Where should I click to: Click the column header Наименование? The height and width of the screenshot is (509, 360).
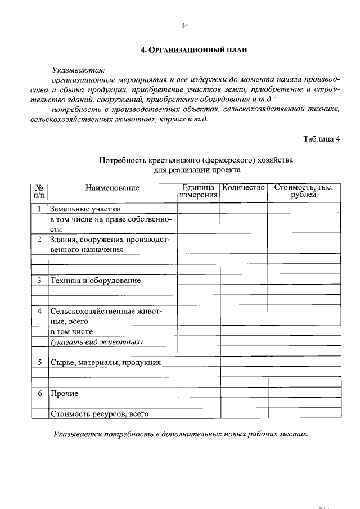[x=112, y=188]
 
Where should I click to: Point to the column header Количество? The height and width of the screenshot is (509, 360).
[x=243, y=188]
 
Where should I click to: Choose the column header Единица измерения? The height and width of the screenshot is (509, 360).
[x=199, y=191]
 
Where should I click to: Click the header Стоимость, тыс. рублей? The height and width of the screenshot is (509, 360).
[x=304, y=191]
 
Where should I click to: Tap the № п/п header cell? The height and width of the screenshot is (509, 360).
[x=39, y=191]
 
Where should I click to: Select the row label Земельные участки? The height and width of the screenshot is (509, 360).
[x=85, y=209]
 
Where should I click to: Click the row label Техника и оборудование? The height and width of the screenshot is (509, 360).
[x=95, y=280]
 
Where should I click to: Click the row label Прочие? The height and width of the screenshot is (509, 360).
[x=64, y=393]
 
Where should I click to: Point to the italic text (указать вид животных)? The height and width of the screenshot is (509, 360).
[x=96, y=341]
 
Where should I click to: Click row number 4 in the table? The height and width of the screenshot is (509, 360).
[x=39, y=310]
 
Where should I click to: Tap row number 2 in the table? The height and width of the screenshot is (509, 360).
[x=39, y=239]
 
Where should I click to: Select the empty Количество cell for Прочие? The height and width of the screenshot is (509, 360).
[x=243, y=393]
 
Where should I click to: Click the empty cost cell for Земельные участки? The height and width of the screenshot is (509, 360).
[x=304, y=209]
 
